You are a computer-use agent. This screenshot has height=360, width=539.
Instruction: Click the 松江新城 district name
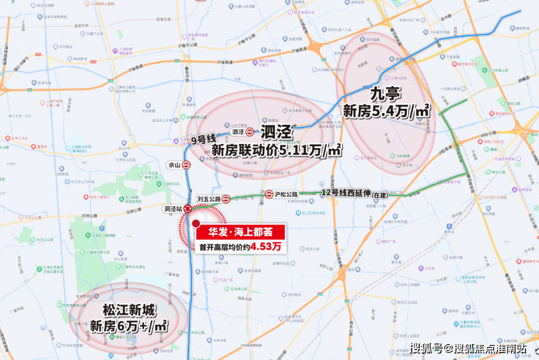coord(129,310)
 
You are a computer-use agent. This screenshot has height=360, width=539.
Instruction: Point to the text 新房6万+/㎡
coord(128,326)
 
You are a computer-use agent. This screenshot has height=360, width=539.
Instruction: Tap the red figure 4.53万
coord(266,247)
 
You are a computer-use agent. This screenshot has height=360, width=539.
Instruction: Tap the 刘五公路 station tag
coord(209,199)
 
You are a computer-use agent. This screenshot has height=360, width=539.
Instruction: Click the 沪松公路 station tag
coord(286,194)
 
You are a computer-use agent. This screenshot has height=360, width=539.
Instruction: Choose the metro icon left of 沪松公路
coord(269,194)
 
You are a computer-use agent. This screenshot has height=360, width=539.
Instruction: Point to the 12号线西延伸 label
coord(345,193)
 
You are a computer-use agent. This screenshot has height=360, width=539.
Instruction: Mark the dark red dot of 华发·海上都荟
coord(196,224)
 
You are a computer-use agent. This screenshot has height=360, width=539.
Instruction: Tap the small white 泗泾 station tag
coord(238,132)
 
